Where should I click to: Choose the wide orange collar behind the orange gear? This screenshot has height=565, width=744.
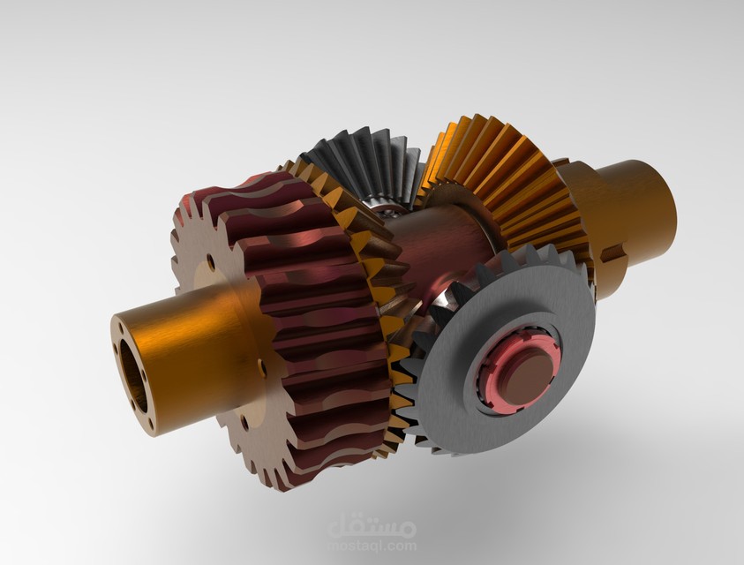pos(587,221)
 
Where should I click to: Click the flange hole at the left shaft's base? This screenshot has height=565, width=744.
pos(261,364)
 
